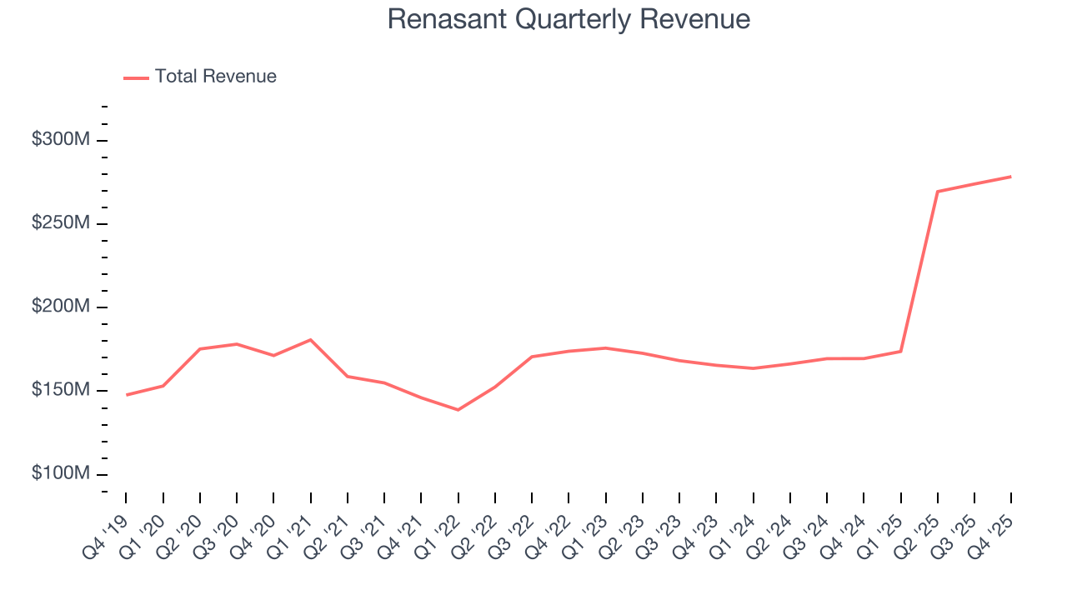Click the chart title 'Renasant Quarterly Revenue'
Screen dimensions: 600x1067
(x=569, y=19)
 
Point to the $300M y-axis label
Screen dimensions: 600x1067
(x=60, y=140)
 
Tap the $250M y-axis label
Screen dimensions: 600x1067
(x=60, y=223)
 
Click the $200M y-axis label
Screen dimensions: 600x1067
(x=60, y=307)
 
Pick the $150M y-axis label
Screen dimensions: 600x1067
(x=60, y=391)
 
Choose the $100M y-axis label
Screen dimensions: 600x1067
(x=60, y=474)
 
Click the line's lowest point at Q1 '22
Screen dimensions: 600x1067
(x=458, y=410)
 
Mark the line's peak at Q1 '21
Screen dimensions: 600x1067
(x=310, y=340)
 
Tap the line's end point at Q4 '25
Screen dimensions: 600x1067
(x=1010, y=177)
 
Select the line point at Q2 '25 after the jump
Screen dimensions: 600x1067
(x=938, y=192)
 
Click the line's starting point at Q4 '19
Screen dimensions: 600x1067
(x=127, y=395)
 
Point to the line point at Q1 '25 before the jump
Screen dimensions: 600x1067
(x=900, y=351)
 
